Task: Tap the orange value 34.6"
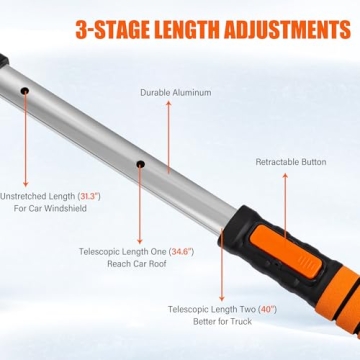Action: (180, 253)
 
